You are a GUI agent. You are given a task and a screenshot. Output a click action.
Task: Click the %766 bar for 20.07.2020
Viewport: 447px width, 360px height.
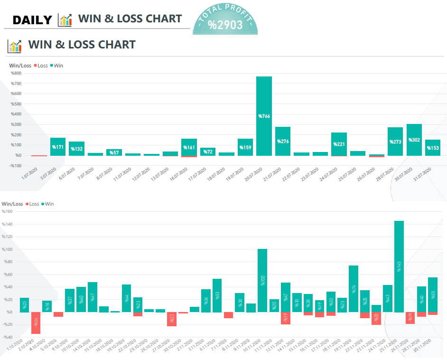click(x=264, y=116)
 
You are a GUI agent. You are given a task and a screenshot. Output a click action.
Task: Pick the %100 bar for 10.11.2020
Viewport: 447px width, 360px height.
click(x=262, y=280)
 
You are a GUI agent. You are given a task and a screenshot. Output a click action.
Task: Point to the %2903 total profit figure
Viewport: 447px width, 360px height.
click(x=225, y=25)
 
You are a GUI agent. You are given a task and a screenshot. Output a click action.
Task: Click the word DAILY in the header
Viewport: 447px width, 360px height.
click(x=32, y=20)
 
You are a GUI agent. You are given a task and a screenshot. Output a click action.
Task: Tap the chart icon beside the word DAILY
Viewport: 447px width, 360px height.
click(x=65, y=20)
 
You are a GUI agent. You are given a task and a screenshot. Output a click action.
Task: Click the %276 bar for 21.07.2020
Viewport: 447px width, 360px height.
click(x=283, y=141)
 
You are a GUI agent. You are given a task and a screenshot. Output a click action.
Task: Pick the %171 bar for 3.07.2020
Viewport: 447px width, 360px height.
click(x=58, y=146)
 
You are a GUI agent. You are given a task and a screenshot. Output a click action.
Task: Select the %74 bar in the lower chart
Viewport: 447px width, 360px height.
click(x=354, y=289)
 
